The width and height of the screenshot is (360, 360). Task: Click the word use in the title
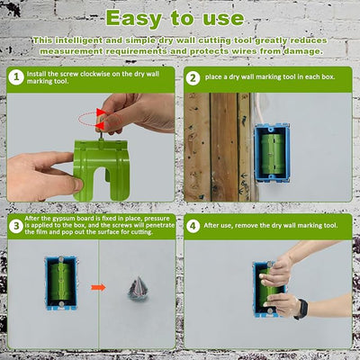pyautogui.click(x=220, y=17)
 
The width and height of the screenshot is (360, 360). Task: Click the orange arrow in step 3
pyautogui.click(x=100, y=289)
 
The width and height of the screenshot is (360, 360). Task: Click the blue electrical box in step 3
pyautogui.click(x=60, y=283)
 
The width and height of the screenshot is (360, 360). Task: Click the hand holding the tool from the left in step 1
pyautogui.click(x=36, y=171)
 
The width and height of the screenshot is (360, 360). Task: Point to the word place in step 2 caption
pyautogui.click(x=220, y=78)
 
